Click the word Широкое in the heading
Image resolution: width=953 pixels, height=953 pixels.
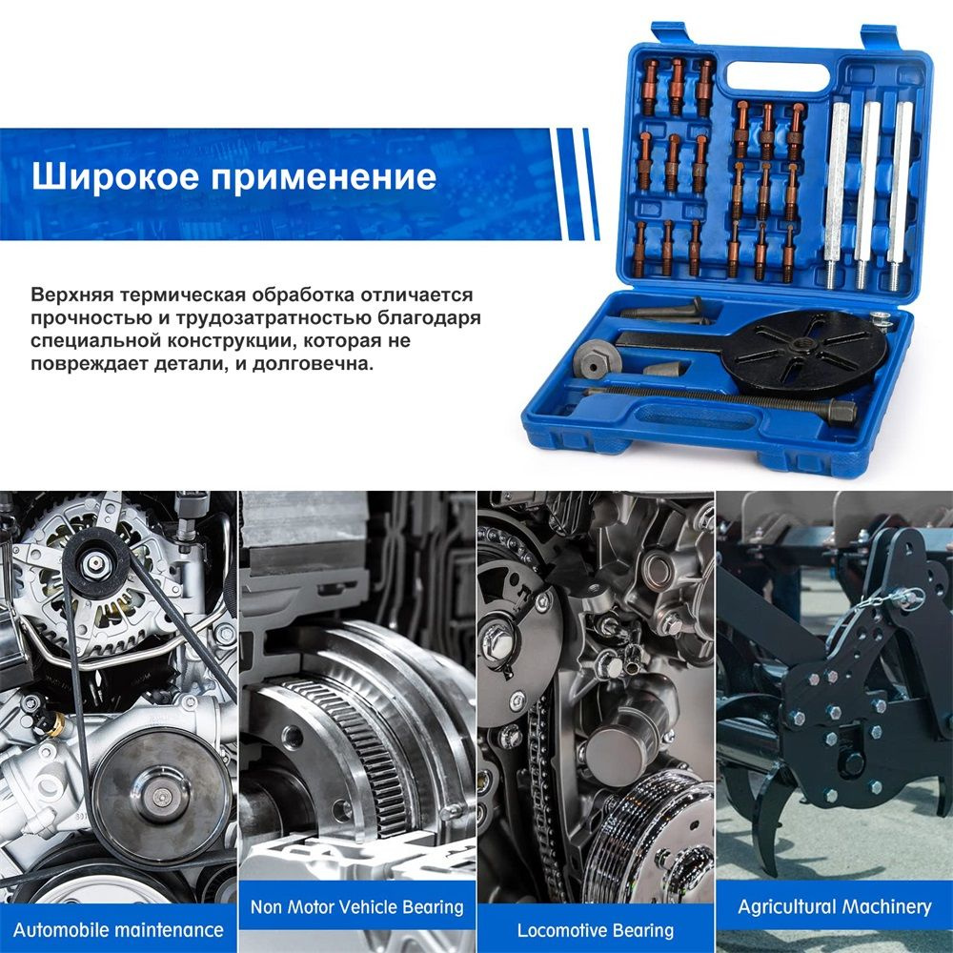pos(115,176)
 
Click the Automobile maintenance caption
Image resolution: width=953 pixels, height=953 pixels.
pos(118,930)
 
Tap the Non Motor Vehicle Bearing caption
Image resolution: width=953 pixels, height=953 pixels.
pos(356,907)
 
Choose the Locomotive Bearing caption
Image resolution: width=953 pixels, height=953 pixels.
pos(595,930)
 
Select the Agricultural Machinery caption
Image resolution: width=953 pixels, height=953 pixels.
pos(834,907)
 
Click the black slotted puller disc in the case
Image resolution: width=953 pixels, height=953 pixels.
pos(803,353)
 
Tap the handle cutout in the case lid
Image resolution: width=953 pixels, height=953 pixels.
pos(778,76)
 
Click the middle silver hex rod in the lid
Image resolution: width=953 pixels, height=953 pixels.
pos(866,193)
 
